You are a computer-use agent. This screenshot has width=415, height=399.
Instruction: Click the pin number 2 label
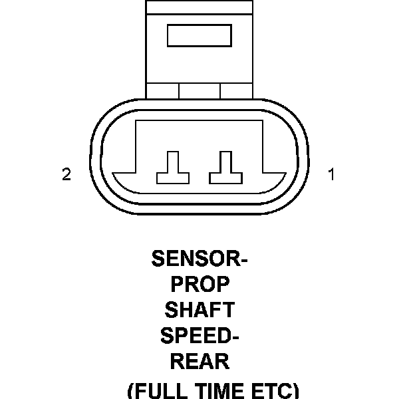[67, 175]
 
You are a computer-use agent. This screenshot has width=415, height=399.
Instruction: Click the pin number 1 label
[331, 175]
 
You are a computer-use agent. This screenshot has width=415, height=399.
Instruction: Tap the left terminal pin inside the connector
[172, 168]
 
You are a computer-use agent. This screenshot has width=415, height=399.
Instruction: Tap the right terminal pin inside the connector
[225, 168]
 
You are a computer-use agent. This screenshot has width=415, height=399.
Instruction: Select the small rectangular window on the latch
[199, 36]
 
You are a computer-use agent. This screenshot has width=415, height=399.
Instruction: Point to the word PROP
[200, 284]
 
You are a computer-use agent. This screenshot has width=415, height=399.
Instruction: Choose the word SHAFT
[200, 310]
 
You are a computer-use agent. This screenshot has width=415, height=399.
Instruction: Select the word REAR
[200, 362]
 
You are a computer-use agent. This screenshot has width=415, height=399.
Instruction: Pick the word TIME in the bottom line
[218, 390]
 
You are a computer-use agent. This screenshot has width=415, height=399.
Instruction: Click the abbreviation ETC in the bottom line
[270, 390]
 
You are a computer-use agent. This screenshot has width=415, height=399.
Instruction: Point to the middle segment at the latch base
[200, 90]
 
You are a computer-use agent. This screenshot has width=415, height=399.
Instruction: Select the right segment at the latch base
[236, 90]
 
